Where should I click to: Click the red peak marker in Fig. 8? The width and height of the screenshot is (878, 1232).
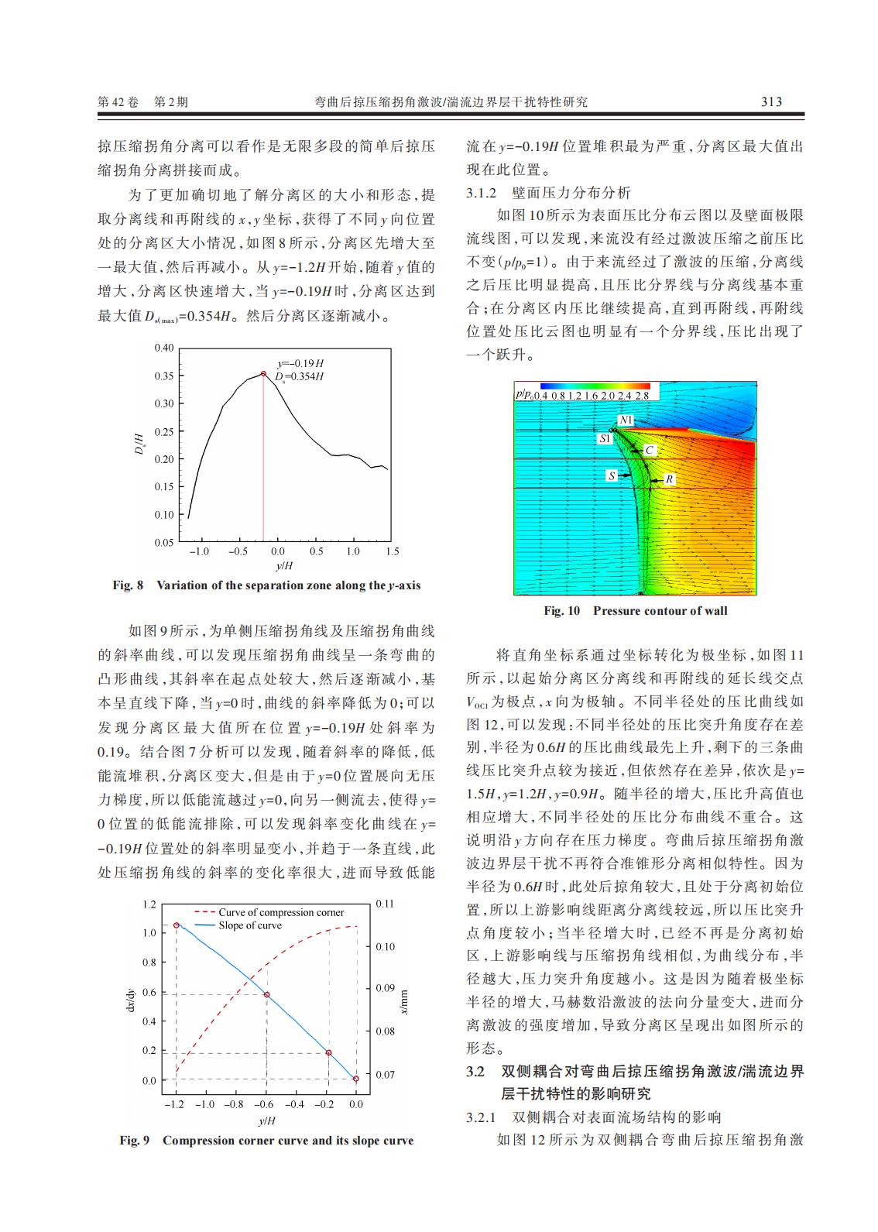coord(262,374)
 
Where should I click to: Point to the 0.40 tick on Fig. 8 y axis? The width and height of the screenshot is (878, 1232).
coord(163,348)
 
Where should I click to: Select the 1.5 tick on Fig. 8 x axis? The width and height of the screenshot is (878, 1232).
coord(392,551)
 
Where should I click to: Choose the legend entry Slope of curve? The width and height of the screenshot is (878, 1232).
coord(249,925)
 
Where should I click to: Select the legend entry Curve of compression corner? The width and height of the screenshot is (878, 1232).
coord(280,912)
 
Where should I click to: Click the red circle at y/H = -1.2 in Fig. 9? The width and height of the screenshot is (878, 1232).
coord(177,925)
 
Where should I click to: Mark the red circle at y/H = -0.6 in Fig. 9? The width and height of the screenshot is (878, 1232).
coord(266,995)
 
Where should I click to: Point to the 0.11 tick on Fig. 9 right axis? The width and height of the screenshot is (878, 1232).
coord(385,904)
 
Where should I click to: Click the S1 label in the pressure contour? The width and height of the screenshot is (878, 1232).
coord(605,438)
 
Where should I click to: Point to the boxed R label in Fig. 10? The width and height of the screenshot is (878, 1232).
coord(669,479)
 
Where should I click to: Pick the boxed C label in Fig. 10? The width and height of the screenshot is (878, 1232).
coord(649,450)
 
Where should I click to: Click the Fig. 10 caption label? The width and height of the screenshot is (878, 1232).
coord(561,611)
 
